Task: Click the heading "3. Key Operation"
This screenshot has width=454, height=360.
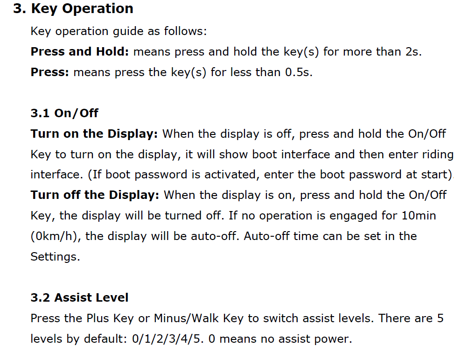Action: pos(73,9)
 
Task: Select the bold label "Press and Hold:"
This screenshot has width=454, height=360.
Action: pos(80,51)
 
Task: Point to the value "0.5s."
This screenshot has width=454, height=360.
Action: pos(299,72)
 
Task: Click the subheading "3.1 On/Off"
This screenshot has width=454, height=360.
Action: pos(64,113)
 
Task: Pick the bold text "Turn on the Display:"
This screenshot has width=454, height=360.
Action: pos(94,134)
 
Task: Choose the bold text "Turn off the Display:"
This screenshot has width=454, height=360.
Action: pos(95,195)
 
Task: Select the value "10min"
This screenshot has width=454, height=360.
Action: pos(419,216)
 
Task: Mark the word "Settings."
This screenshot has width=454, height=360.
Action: pos(56,257)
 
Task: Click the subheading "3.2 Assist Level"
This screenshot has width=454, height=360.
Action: pos(79,298)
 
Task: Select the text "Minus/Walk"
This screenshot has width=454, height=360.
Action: pos(186,318)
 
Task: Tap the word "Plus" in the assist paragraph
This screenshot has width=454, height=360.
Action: pos(98,318)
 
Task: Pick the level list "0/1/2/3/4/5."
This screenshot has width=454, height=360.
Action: pos(168,339)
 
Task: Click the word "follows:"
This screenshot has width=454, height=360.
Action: pos(186,31)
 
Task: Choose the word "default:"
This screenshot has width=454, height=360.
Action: pos(105,339)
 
